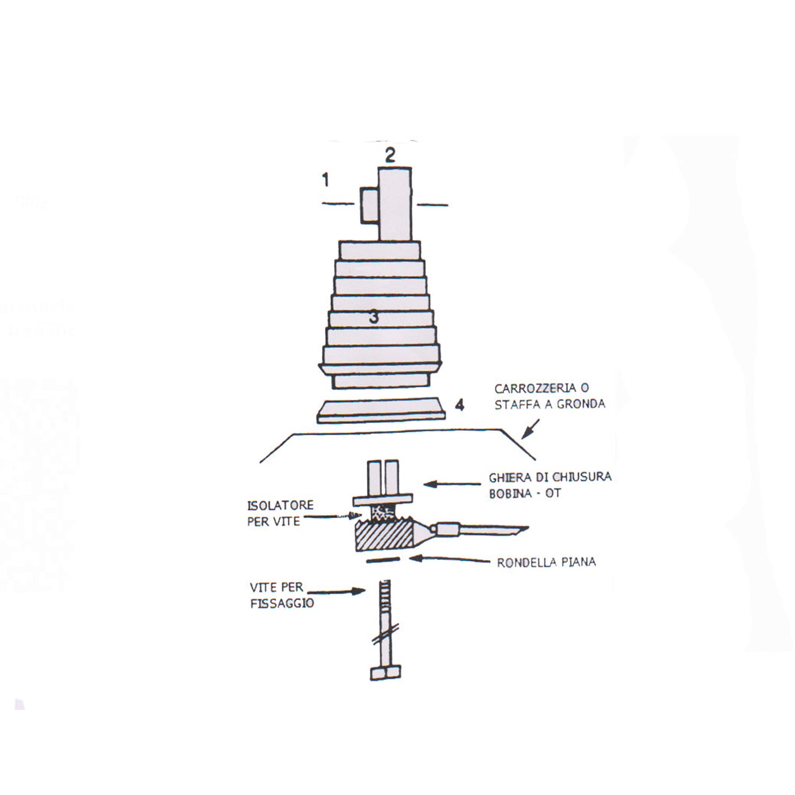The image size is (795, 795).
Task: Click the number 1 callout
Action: click(326, 179)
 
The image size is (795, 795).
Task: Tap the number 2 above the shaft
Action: click(390, 156)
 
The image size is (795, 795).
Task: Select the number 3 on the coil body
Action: click(374, 317)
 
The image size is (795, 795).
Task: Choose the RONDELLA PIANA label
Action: click(546, 562)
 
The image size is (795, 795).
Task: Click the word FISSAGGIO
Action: click(282, 604)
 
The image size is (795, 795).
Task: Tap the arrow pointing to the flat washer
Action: click(449, 559)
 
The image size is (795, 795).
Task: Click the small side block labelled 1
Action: click(369, 205)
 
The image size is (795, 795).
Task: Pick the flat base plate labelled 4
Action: click(380, 411)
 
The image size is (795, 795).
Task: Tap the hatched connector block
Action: click(383, 536)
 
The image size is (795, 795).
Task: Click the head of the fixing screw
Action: click(385, 673)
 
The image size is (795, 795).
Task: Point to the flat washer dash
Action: click(382, 560)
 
